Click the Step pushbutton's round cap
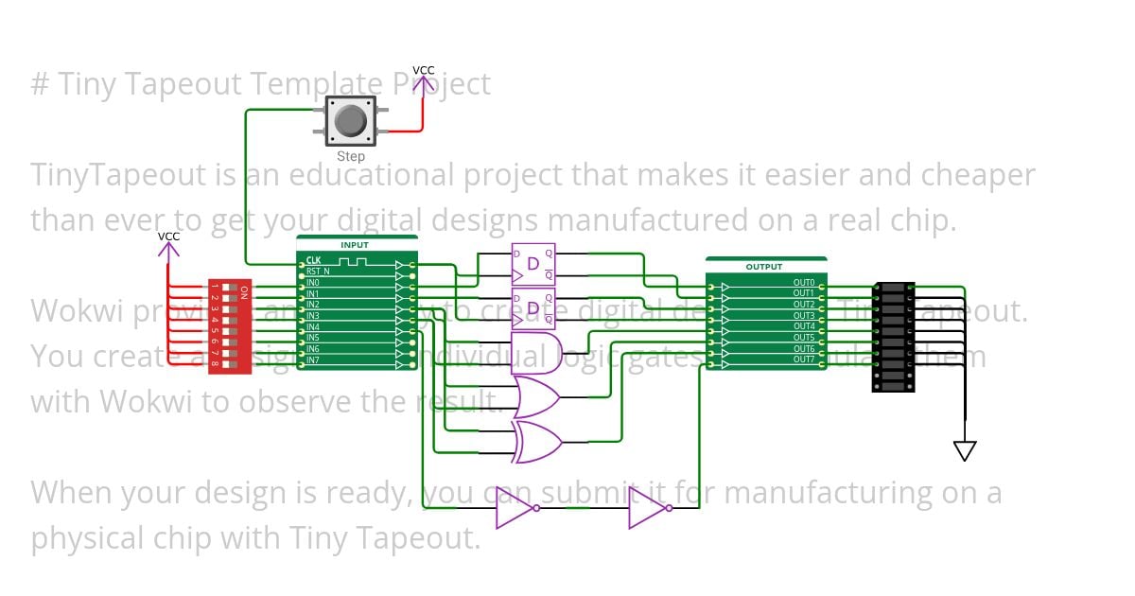tap(351, 121)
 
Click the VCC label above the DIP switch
tap(168, 237)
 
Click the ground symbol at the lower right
tap(964, 450)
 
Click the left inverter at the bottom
tap(515, 508)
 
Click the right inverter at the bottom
tap(649, 508)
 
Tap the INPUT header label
tap(356, 245)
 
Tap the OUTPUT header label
tap(764, 267)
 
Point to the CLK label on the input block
tap(313, 260)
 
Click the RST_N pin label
tap(318, 272)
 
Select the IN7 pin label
tap(313, 360)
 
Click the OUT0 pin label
tap(804, 283)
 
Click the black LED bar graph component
tap(893, 337)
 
